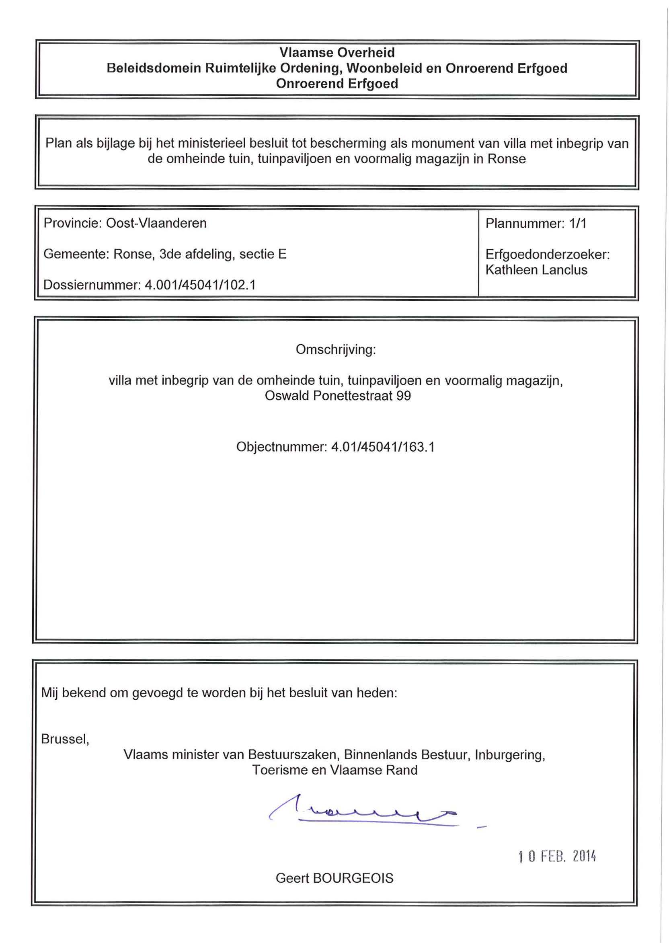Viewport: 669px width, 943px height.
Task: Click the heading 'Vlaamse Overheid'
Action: [x=337, y=52]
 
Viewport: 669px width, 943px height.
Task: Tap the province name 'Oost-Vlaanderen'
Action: [x=156, y=223]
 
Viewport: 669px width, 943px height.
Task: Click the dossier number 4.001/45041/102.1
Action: [x=200, y=285]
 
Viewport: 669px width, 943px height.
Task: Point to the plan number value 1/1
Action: [x=578, y=223]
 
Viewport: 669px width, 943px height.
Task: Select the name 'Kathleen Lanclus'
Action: [x=536, y=270]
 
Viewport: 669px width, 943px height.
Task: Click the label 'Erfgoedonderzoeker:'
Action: [x=548, y=254]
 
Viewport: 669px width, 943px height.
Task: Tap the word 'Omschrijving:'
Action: [x=336, y=349]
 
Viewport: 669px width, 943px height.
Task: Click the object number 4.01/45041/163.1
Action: [x=383, y=447]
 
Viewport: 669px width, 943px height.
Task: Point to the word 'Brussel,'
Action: [x=65, y=739]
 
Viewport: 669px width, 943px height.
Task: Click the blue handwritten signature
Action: [x=363, y=812]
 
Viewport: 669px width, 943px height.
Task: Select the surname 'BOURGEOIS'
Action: [x=353, y=878]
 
